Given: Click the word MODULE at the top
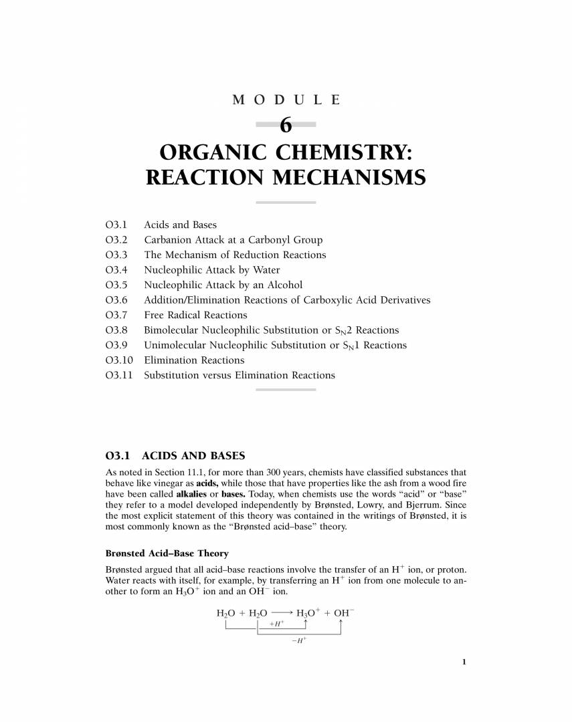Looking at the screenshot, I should [x=286, y=100].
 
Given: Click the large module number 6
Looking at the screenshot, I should [x=286, y=125].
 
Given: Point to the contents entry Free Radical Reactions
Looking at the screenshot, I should [x=195, y=315].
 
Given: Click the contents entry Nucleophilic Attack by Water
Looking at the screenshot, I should [x=212, y=270].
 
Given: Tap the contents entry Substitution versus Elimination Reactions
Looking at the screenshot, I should [x=240, y=375].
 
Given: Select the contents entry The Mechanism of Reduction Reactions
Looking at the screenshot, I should [x=235, y=255].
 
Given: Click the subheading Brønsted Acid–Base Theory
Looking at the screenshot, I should [x=167, y=554].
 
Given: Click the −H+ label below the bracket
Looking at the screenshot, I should [x=299, y=640].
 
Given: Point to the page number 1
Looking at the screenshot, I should [x=464, y=662].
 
